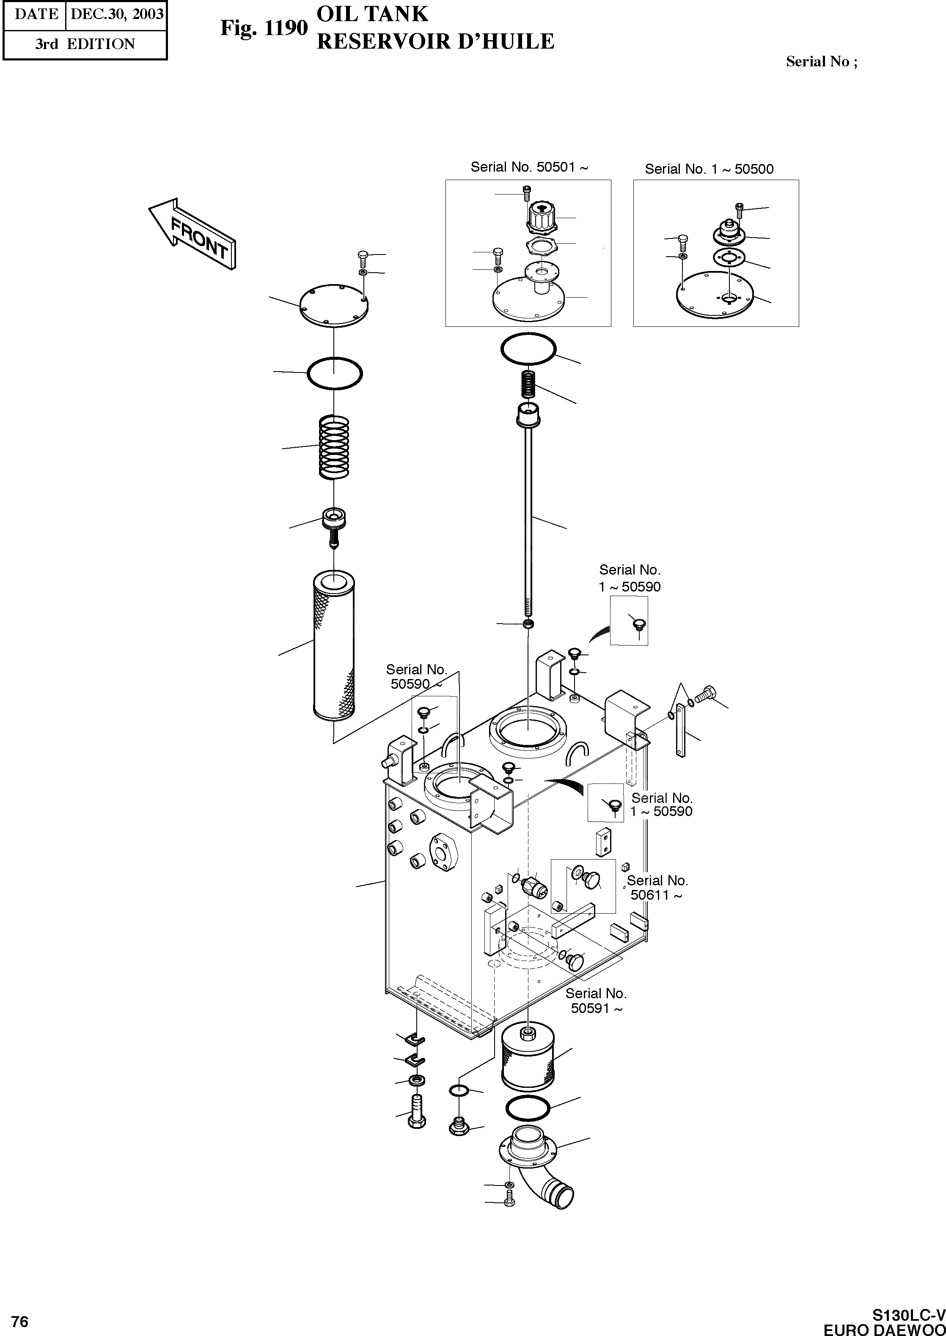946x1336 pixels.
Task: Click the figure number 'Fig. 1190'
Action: coord(263,27)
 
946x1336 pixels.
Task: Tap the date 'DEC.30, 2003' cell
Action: coord(116,14)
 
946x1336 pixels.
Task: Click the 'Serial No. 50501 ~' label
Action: coord(529,167)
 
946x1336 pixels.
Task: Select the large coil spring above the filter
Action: coord(334,447)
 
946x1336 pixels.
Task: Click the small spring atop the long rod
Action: coord(528,386)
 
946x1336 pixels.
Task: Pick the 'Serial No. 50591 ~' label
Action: coord(596,1001)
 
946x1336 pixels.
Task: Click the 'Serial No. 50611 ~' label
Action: coord(657,888)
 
